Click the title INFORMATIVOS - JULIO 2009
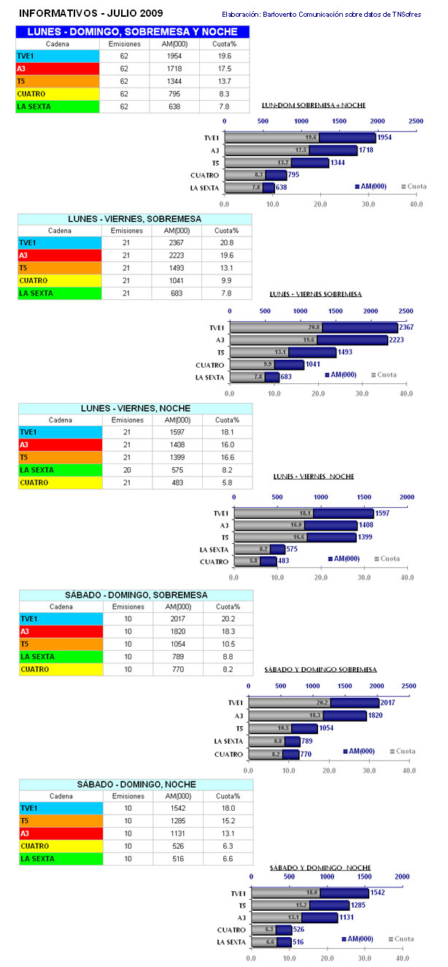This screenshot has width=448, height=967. point(90,13)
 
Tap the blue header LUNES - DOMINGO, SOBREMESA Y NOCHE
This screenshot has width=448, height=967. point(133,31)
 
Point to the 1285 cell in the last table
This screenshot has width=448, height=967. point(177,821)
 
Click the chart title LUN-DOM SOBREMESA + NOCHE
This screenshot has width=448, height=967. point(313,106)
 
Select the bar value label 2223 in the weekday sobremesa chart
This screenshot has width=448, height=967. point(401,340)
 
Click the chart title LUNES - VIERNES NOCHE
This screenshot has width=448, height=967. point(313,477)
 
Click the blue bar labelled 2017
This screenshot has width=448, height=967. point(355,703)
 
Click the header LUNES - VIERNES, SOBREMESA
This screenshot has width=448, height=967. point(135,218)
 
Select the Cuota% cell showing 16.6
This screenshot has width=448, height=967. point(228,458)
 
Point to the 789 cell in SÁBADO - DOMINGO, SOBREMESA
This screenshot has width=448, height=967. point(177,657)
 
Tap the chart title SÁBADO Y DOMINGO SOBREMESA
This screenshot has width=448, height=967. point(320,669)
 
